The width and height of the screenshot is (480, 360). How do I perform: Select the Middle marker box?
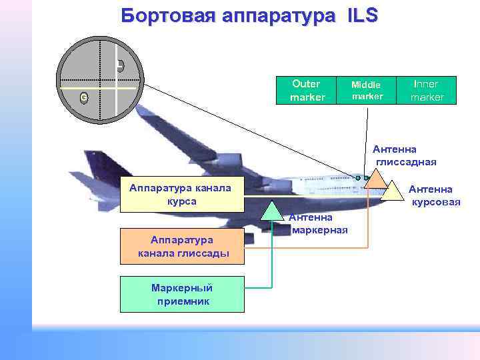[x=367, y=91]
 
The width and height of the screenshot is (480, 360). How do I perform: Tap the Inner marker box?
[x=426, y=91]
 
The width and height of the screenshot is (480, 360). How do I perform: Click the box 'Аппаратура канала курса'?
[x=182, y=194]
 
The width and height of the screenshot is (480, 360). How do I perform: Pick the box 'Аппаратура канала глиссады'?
[x=182, y=246]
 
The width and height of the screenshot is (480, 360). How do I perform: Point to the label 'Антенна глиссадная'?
[x=405, y=155]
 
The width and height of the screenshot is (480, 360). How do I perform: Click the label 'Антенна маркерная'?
[x=319, y=224]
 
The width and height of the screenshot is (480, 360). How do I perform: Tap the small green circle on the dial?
[x=84, y=98]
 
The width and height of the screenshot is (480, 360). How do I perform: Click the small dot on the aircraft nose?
[x=358, y=178]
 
